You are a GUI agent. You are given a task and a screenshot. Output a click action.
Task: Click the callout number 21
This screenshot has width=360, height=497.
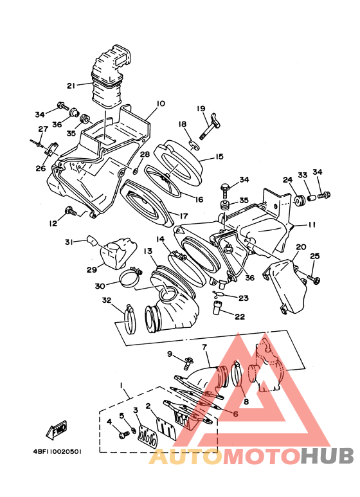pyautogui.click(x=71, y=86)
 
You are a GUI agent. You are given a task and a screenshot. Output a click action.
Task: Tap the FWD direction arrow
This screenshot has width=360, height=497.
pyautogui.click(x=57, y=430)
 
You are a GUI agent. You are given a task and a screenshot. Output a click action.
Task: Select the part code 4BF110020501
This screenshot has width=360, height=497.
pyautogui.click(x=57, y=452)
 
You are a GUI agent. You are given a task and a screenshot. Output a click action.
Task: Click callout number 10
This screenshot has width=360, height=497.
pyautogui.click(x=161, y=104)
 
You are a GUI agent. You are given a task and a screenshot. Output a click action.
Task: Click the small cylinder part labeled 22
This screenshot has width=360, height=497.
pyautogui.click(x=218, y=307)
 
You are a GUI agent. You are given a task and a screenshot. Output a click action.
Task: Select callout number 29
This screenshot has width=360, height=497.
pyautogui.click(x=92, y=270)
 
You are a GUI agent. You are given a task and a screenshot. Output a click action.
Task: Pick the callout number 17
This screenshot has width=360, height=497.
pyautogui.click(x=183, y=216)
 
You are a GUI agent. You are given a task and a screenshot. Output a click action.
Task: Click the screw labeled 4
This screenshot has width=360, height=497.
pyautogui.click(x=123, y=435)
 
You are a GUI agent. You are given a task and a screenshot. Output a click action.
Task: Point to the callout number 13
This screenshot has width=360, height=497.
pyautogui.click(x=148, y=251)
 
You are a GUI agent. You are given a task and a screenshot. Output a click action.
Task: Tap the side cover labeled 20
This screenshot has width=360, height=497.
pyautogui.click(x=285, y=285)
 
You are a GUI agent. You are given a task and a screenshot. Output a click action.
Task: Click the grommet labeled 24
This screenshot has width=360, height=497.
pyautogui.click(x=299, y=201)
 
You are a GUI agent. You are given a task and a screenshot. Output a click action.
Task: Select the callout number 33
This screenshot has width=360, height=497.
pyautogui.click(x=302, y=176)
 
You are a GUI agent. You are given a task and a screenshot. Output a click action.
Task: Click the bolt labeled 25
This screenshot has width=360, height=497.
pyautogui.click(x=314, y=280)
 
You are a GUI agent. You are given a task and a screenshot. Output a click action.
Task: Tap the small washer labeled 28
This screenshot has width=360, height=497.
pyautogui.click(x=135, y=171)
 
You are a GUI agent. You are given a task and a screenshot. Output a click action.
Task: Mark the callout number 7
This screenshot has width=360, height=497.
pyautogui.click(x=204, y=347)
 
